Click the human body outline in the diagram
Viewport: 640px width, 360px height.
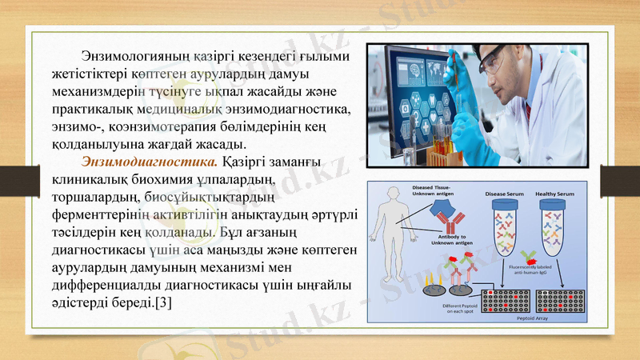point(393,240)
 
